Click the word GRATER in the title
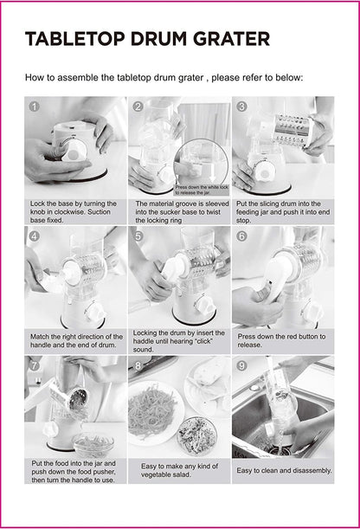click(x=232, y=39)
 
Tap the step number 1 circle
click(x=35, y=106)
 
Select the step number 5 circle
click(x=138, y=235)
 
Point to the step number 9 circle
click(x=241, y=365)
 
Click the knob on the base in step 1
click(x=74, y=151)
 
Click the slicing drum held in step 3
click(x=293, y=131)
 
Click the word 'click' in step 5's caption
click(x=202, y=341)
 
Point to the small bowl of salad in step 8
click(x=197, y=435)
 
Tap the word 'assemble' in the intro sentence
click(x=78, y=78)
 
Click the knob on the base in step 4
click(x=96, y=312)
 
